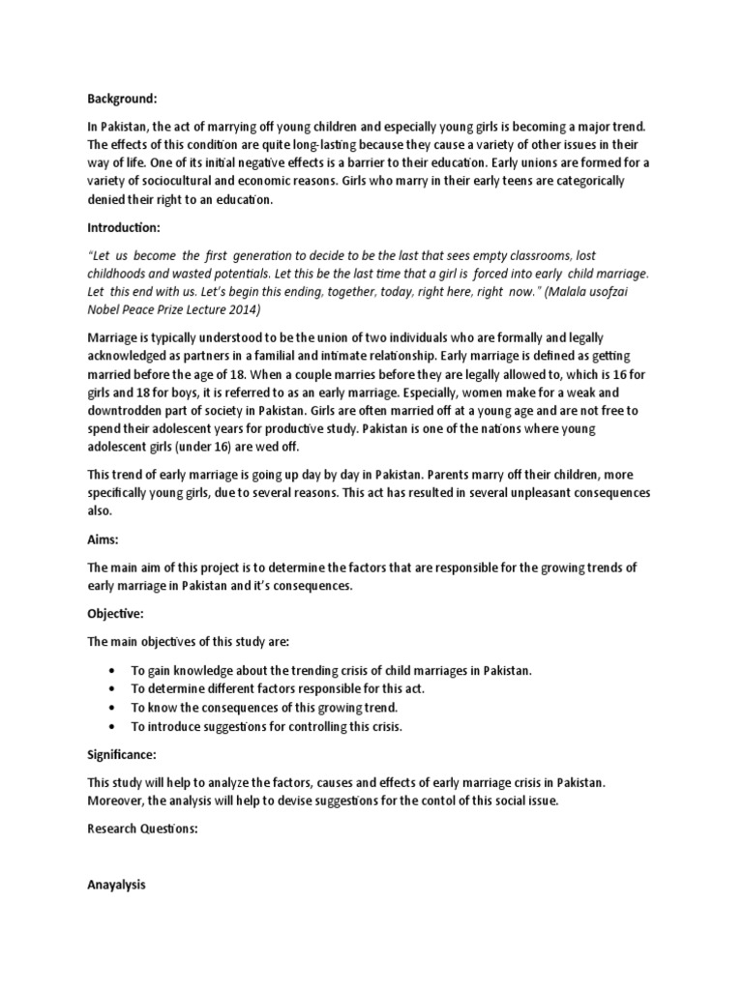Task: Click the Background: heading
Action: [122, 99]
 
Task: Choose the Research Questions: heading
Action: [142, 829]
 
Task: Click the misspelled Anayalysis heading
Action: [116, 885]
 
